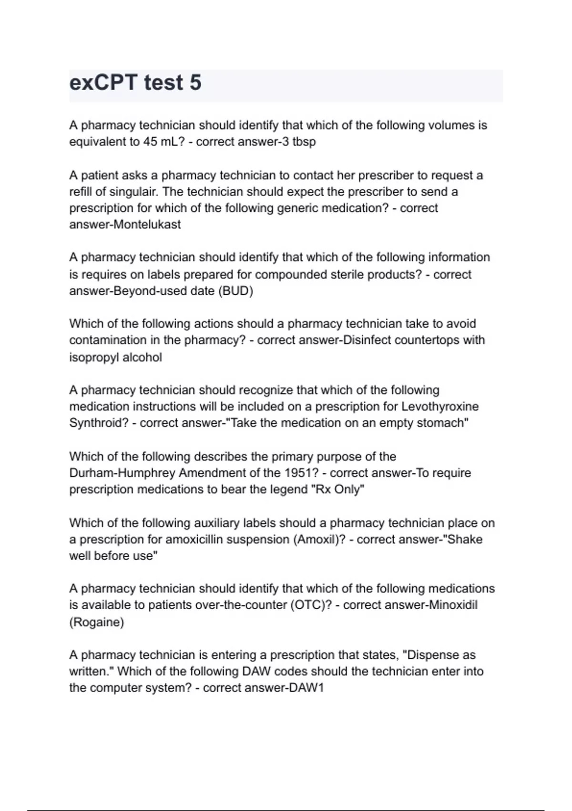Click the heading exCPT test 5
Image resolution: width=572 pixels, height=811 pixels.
click(135, 83)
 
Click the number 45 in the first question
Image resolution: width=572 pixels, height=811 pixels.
click(151, 142)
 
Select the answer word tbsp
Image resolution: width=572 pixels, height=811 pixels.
click(304, 142)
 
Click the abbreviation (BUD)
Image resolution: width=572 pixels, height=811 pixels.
click(235, 291)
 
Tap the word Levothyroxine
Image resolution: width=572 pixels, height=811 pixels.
click(440, 406)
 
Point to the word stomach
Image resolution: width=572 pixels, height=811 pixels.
click(442, 423)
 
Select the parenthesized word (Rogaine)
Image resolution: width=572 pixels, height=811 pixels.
click(97, 622)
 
